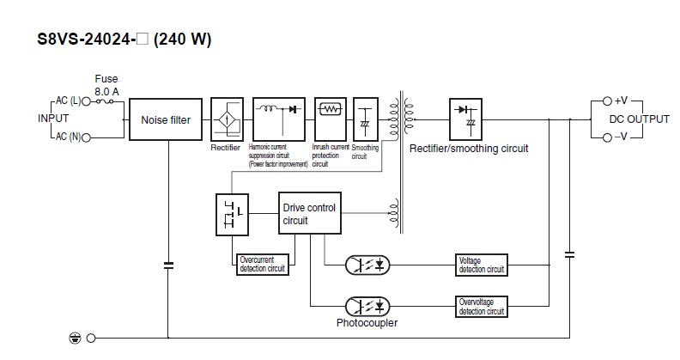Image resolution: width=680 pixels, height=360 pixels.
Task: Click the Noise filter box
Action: coord(166,120)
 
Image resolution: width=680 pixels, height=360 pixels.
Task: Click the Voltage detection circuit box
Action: coord(482,265)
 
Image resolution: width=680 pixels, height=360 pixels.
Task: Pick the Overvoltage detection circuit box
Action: coord(482,305)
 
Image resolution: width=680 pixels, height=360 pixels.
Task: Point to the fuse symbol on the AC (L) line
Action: coord(106,101)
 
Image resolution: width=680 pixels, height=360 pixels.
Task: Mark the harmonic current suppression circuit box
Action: coord(280,119)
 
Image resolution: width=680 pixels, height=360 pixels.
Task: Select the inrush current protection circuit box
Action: coord(330,119)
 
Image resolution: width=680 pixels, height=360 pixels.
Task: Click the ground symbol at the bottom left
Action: coord(74,339)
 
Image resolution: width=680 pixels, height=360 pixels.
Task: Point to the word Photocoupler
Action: coord(367,324)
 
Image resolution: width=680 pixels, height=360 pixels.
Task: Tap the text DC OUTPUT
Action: coord(639,119)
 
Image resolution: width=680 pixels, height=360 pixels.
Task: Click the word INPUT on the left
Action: coord(53,119)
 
